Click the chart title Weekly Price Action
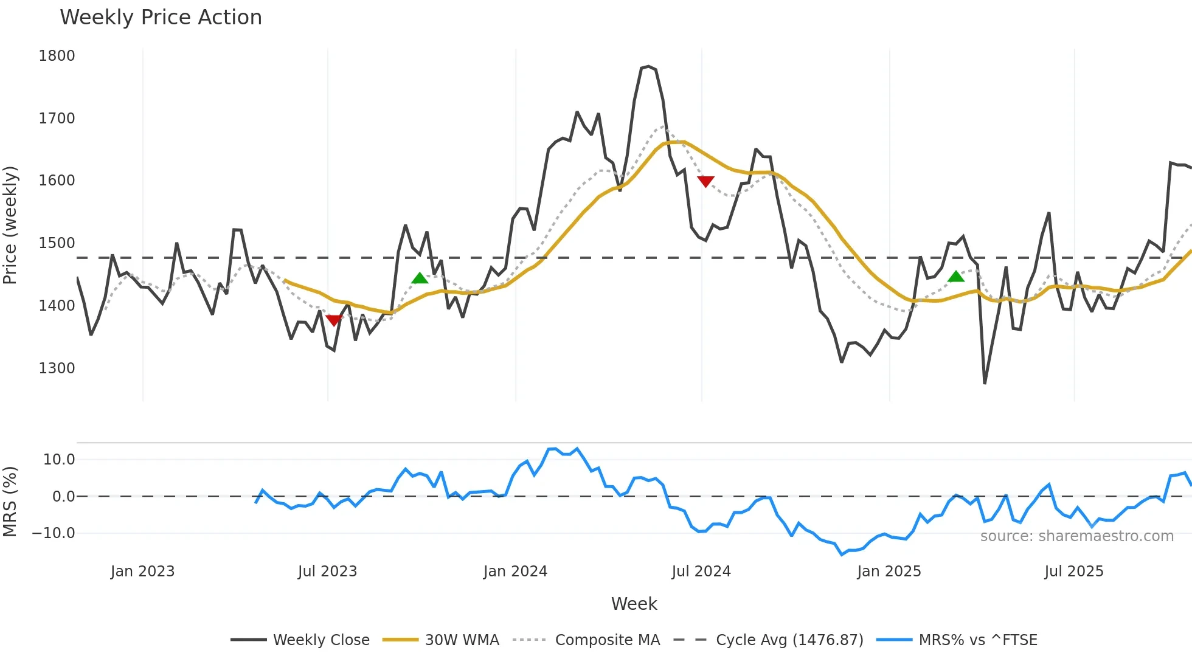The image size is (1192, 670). [x=161, y=18]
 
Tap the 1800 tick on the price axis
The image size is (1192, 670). [x=57, y=56]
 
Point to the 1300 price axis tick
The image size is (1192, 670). [x=57, y=368]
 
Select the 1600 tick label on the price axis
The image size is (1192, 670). [x=57, y=181]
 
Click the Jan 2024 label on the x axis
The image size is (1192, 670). [x=515, y=572]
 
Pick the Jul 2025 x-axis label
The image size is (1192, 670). [x=1073, y=572]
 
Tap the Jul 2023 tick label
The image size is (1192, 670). [x=327, y=572]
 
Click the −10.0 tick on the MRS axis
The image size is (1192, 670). [x=54, y=533]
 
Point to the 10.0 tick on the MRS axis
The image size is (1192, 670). [x=59, y=460]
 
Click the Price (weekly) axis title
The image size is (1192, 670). [x=10, y=225]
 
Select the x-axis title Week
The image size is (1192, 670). [x=634, y=604]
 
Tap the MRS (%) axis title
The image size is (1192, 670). [x=10, y=502]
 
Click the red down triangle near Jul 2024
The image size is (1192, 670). [x=705, y=181]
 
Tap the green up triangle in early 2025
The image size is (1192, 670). [x=956, y=277]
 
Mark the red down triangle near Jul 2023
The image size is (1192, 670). [x=334, y=320]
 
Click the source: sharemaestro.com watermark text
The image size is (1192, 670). [x=1076, y=536]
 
